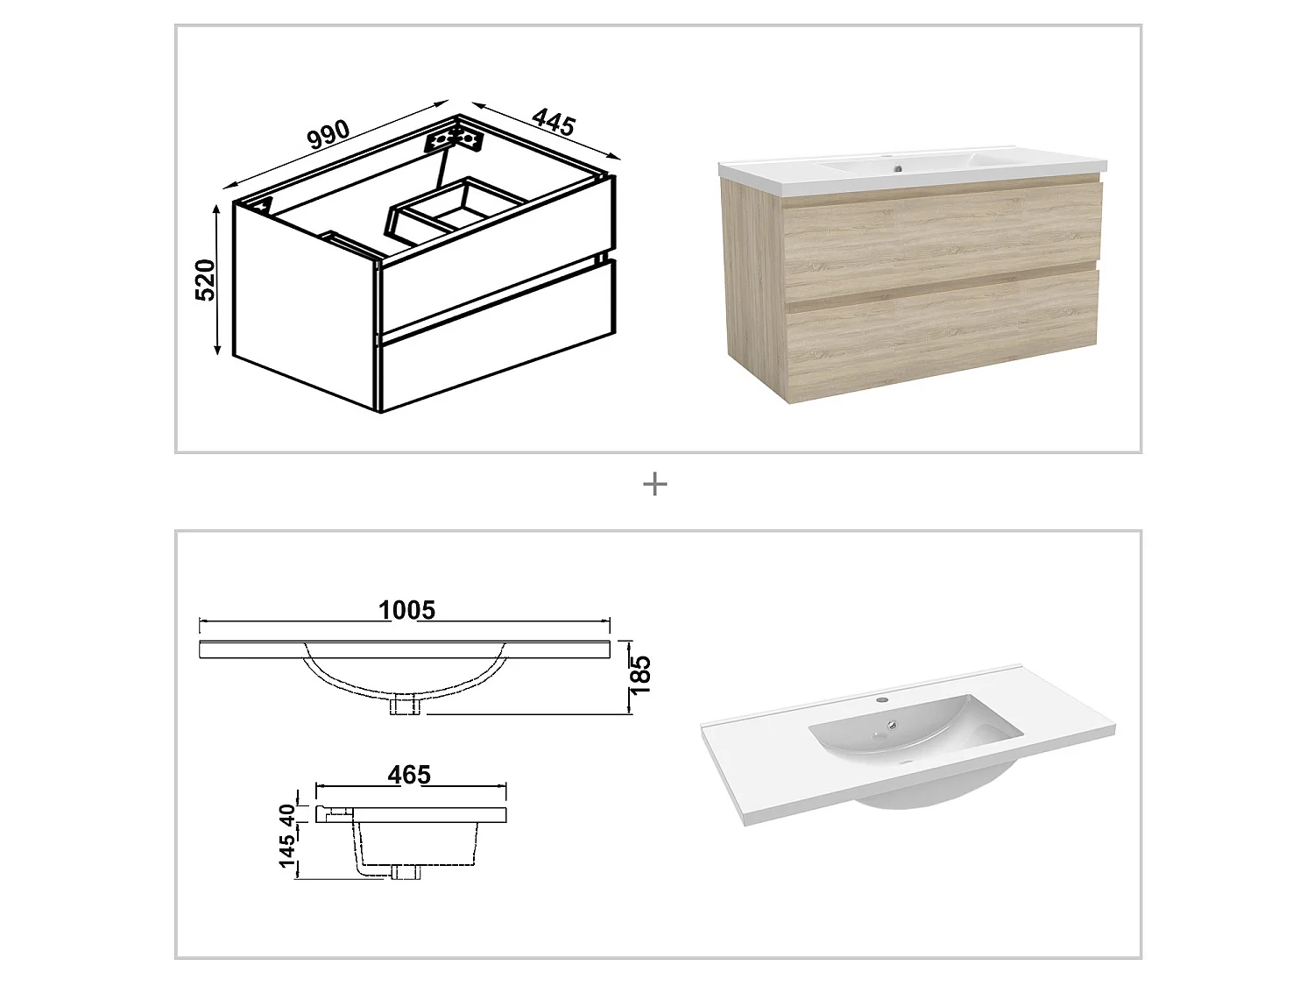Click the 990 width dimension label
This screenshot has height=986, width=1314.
(x=329, y=134)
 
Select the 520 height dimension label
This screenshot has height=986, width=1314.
(x=205, y=280)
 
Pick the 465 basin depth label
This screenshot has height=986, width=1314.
(x=410, y=775)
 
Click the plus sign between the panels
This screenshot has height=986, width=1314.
(x=655, y=484)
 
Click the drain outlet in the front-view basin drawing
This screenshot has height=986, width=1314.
(x=406, y=705)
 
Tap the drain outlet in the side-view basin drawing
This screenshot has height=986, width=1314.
(x=406, y=871)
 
